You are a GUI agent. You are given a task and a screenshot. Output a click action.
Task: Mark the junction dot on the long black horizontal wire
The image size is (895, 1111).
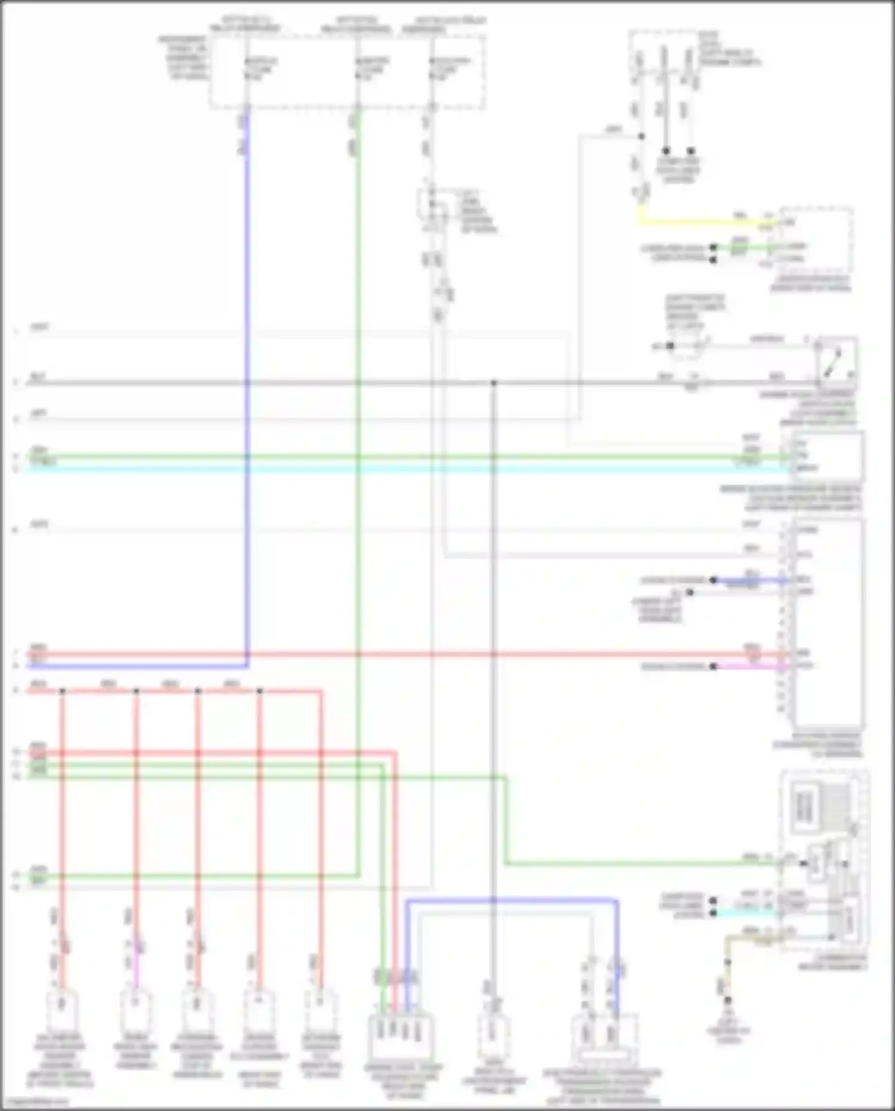[493, 383]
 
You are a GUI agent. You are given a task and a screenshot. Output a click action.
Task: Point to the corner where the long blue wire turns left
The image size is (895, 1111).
[246, 665]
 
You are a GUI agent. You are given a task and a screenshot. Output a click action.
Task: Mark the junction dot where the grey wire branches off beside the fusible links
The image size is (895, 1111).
[641, 136]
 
